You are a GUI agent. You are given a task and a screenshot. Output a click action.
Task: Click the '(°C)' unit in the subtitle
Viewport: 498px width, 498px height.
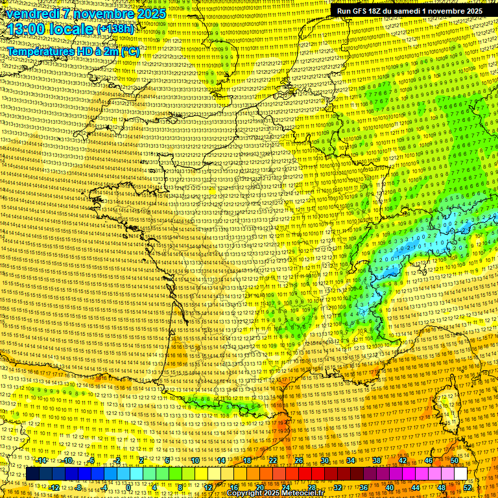130,51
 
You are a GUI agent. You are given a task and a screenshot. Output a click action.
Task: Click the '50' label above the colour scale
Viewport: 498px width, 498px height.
455,460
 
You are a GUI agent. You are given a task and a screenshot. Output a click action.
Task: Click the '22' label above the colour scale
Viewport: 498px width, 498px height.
273,460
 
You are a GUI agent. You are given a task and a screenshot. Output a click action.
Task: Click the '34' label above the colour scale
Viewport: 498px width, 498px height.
351,460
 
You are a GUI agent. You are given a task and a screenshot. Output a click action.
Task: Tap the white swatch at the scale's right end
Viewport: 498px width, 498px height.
461,474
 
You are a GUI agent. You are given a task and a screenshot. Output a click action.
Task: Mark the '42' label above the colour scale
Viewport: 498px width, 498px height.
403,460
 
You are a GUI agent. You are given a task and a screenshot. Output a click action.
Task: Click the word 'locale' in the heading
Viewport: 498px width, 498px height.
71,29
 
